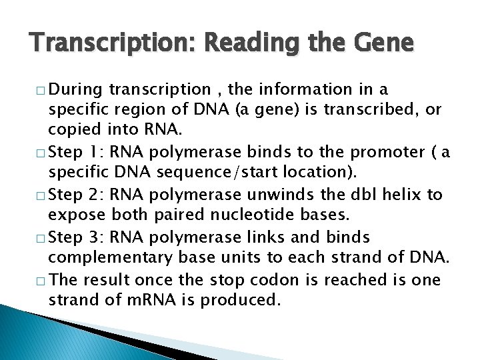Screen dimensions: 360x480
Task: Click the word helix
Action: point(405,194)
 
